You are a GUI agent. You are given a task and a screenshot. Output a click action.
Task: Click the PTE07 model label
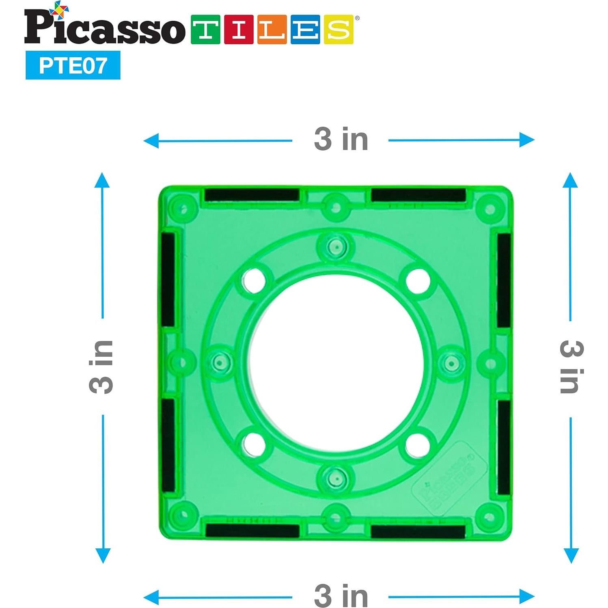coord(73,65)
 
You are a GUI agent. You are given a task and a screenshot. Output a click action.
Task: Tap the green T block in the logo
coord(206,29)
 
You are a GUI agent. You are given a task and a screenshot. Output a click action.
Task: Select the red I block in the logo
coord(239,29)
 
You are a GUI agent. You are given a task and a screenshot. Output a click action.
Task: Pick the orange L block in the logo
coord(272,29)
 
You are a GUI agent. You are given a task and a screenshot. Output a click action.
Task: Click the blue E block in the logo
coord(305,29)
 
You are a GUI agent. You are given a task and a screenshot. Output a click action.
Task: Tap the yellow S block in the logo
coord(338,29)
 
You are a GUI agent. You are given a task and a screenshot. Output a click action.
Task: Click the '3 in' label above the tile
coord(341,139)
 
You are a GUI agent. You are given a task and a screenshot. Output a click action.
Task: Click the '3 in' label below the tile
coord(341,596)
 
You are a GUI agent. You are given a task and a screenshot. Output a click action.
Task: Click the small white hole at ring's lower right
coord(418,444)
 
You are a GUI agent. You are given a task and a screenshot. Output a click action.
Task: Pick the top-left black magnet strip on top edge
coord(252,195)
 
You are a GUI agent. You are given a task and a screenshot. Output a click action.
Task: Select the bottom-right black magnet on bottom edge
coord(418,531)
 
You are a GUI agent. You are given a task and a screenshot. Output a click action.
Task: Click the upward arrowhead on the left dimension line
coord(102,180)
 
